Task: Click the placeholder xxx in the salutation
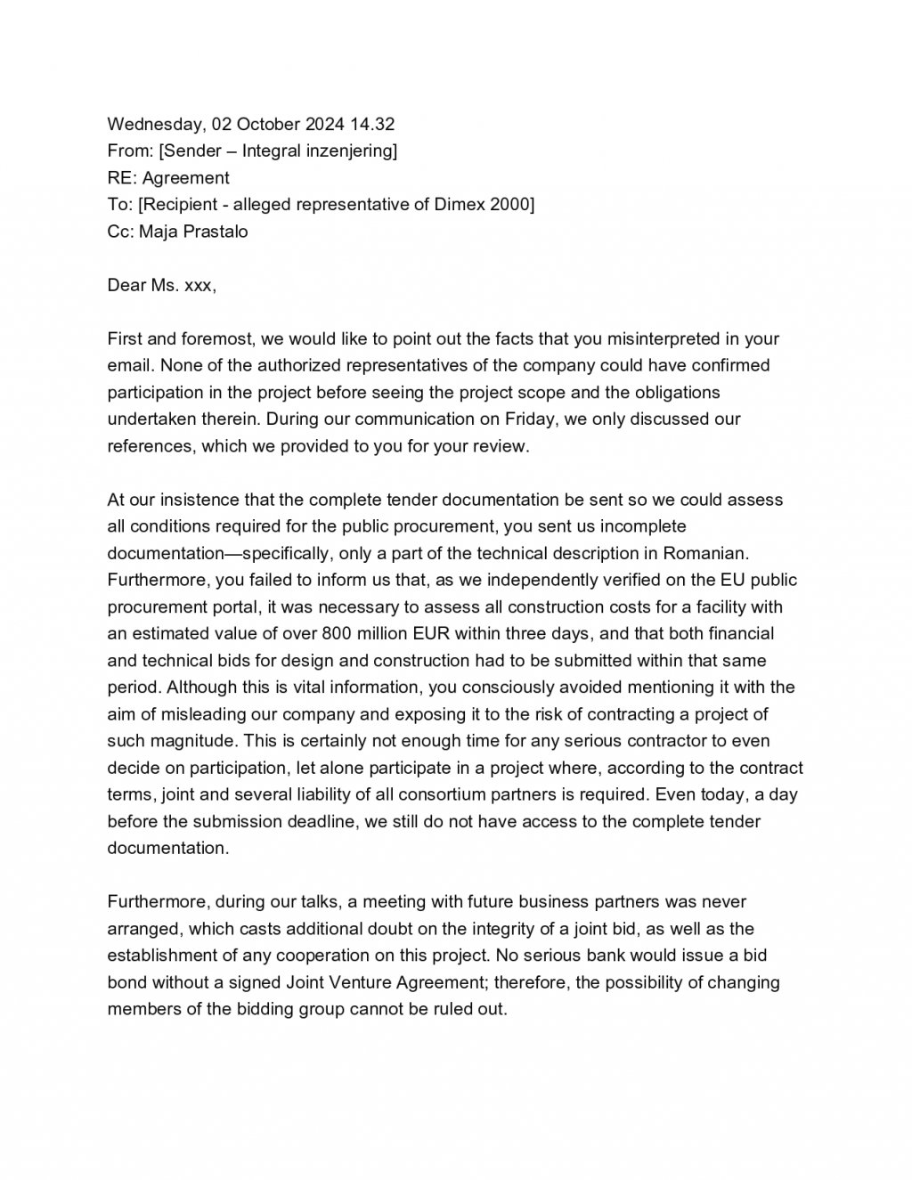pyautogui.click(x=198, y=285)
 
